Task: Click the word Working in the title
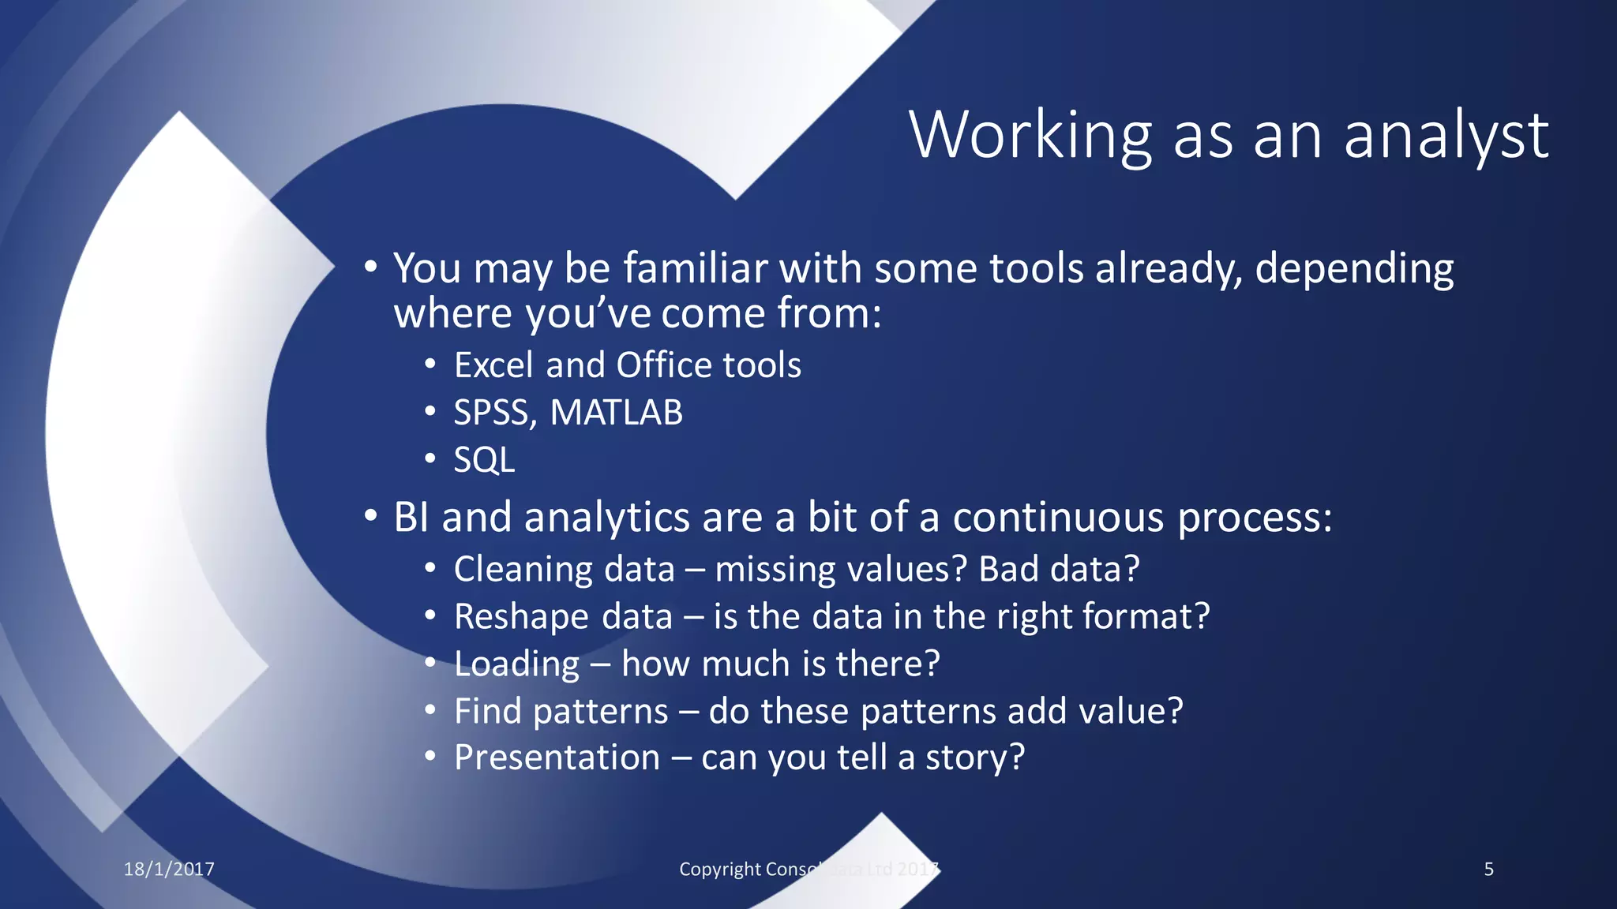click(x=1030, y=136)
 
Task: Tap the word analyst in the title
click(x=1446, y=136)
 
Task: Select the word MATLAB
click(x=616, y=413)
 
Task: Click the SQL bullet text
click(x=484, y=460)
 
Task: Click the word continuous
click(x=1058, y=518)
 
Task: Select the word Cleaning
click(x=525, y=570)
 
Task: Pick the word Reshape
click(x=522, y=617)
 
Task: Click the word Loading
click(x=517, y=664)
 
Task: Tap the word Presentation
click(x=557, y=757)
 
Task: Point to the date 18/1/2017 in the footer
click(x=169, y=869)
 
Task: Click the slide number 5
click(x=1488, y=869)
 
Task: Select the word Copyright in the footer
click(x=720, y=869)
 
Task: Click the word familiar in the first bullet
click(x=695, y=268)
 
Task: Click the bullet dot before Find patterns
click(x=430, y=710)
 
